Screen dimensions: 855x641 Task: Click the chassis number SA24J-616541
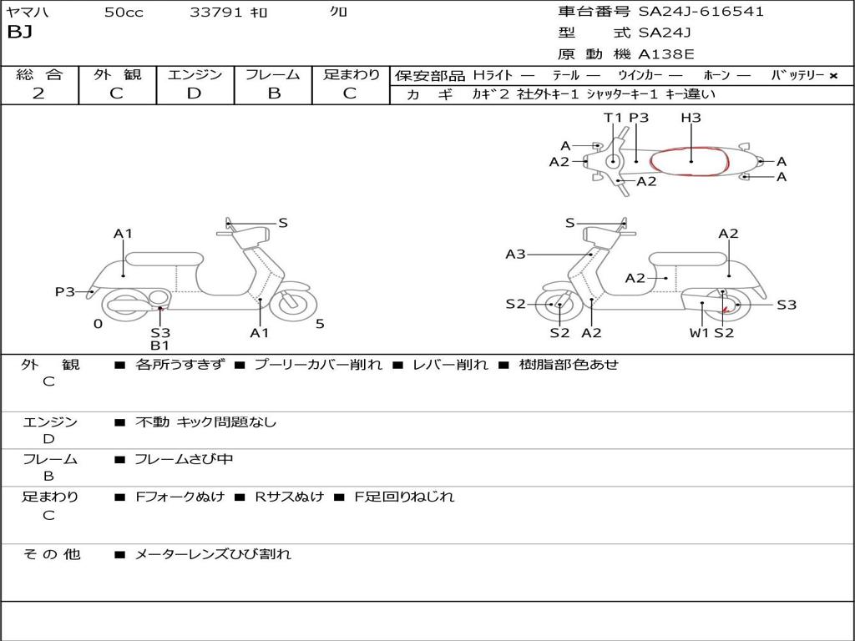click(701, 12)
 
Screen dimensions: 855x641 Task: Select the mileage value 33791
click(215, 12)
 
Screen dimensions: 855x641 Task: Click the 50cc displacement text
click(124, 12)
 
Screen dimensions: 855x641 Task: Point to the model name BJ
click(20, 33)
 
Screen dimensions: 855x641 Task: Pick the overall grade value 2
click(38, 93)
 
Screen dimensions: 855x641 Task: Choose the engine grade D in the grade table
click(194, 93)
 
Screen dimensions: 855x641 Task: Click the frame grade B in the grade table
click(274, 93)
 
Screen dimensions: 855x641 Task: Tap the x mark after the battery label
click(833, 76)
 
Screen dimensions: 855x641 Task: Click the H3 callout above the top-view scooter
click(691, 117)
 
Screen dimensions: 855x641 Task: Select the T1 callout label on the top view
click(613, 117)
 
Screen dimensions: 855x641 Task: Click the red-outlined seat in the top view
click(689, 161)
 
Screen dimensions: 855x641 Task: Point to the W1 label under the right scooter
click(699, 332)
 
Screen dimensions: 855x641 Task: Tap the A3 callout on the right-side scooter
click(515, 254)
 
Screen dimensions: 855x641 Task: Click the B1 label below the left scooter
click(159, 346)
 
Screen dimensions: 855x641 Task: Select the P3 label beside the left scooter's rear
click(65, 291)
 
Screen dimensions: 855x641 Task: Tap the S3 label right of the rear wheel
click(787, 305)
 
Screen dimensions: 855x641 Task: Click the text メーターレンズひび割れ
click(213, 554)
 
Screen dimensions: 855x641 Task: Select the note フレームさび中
click(184, 460)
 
